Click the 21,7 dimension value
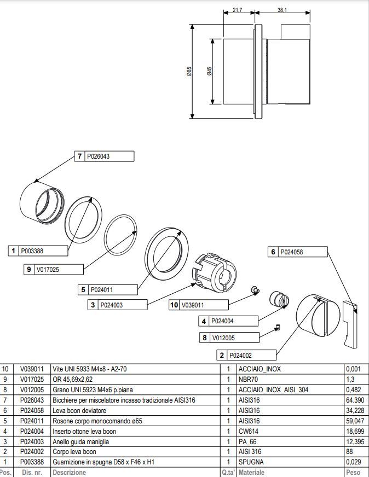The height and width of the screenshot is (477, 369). point(237,10)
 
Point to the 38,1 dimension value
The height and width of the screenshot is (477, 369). point(282,10)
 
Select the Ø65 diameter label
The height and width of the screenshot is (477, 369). point(189,72)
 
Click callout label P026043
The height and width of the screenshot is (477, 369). point(99,156)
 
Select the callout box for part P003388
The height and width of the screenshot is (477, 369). point(38,251)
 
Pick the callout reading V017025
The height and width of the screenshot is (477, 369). point(48,270)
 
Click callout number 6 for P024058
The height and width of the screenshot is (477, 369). point(273,252)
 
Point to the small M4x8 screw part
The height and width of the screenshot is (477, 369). point(255,290)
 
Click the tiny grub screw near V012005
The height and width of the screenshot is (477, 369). point(278,327)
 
